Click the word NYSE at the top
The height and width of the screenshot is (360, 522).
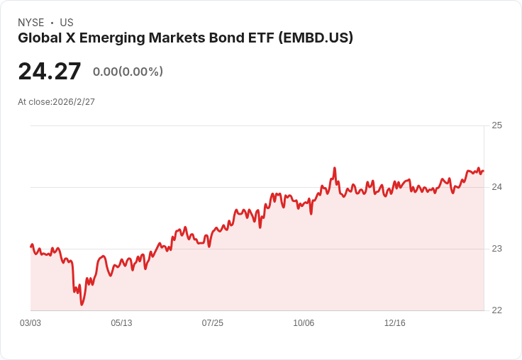tap(30, 23)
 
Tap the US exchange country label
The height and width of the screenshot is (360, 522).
tap(67, 23)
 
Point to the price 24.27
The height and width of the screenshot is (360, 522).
tap(50, 72)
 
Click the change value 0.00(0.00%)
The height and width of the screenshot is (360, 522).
tap(128, 72)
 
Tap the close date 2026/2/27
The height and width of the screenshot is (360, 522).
tap(74, 102)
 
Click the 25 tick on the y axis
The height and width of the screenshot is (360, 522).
tap(496, 125)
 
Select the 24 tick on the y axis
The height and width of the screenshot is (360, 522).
tap(496, 187)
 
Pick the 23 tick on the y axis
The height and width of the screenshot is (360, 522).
tap(496, 249)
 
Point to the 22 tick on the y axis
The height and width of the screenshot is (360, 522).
tap(496, 310)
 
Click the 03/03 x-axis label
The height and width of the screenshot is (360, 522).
tap(30, 323)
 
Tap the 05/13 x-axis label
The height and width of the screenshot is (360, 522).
tap(121, 323)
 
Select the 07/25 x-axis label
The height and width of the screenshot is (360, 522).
tap(212, 323)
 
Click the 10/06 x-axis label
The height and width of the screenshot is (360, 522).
tap(304, 323)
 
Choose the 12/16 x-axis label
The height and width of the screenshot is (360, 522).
tap(394, 323)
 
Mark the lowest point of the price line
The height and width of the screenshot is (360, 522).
tap(82, 305)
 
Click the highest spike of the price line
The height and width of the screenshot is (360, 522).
tap(334, 168)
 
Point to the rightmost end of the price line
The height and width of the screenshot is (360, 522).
tap(483, 171)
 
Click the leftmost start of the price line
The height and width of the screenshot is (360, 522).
tap(31, 246)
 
